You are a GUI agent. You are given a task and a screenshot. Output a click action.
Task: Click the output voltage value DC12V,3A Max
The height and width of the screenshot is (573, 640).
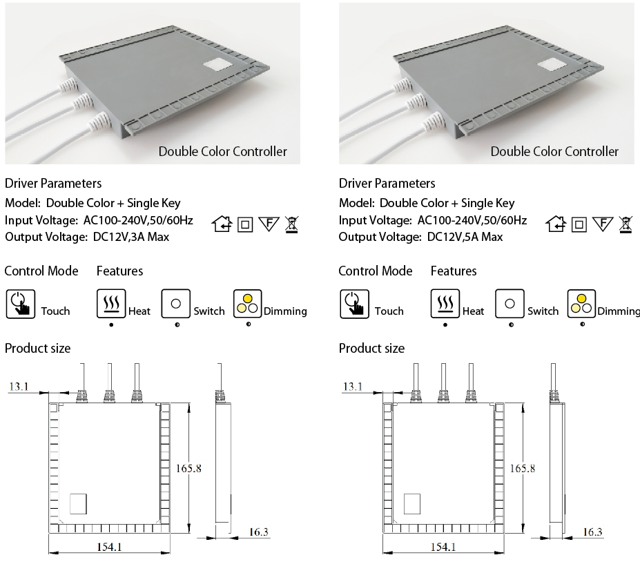click(130, 237)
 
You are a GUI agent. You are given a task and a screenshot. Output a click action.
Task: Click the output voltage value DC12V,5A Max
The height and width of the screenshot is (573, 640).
click(465, 237)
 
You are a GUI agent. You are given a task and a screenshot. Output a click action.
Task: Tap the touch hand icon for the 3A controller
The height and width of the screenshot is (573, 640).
click(20, 304)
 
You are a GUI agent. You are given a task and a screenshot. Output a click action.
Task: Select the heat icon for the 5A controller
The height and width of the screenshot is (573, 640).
click(445, 304)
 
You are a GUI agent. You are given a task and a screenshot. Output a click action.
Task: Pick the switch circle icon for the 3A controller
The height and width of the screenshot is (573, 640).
click(175, 304)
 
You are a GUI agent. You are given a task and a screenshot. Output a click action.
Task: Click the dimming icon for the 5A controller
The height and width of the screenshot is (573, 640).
click(581, 304)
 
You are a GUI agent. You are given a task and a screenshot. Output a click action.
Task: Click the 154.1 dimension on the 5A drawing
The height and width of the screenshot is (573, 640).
click(443, 547)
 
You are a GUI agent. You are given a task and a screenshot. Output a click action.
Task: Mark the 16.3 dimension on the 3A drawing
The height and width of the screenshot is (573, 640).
click(259, 532)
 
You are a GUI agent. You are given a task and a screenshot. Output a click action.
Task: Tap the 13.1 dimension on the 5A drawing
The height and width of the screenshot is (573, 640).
click(352, 387)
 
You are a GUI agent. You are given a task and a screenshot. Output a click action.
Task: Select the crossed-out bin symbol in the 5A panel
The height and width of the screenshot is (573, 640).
click(625, 224)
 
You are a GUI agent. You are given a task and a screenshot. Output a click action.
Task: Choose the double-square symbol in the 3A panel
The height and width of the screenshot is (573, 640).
click(245, 224)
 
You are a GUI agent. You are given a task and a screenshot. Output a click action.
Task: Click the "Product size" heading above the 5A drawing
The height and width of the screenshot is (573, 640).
click(371, 348)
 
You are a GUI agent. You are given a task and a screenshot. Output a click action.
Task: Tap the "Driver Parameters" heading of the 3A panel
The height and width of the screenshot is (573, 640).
click(53, 184)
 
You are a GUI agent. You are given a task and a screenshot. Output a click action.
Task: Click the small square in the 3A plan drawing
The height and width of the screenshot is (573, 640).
click(79, 503)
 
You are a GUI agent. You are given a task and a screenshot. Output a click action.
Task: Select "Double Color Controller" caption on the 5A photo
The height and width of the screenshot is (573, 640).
click(554, 151)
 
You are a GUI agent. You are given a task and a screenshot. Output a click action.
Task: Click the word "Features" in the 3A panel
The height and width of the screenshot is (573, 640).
click(119, 271)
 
